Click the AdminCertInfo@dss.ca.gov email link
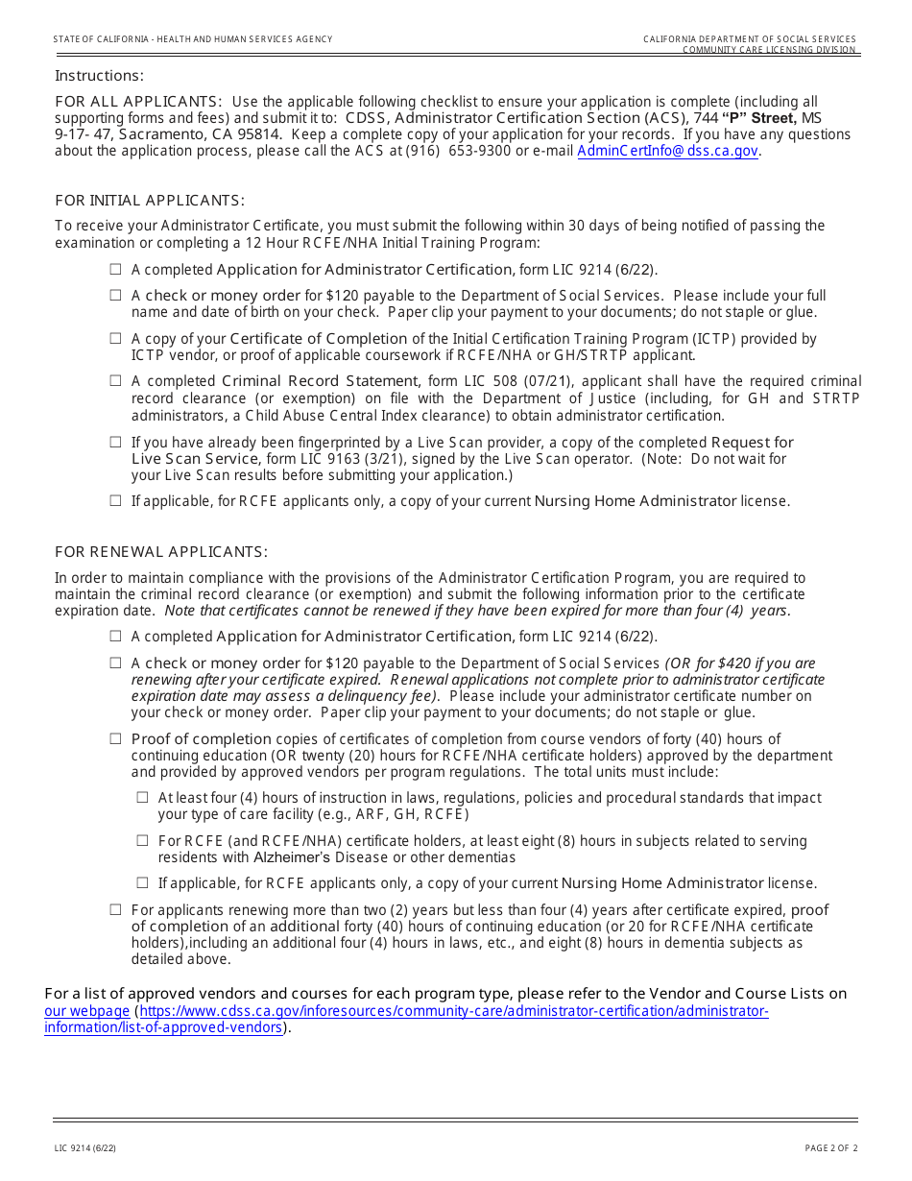(668, 151)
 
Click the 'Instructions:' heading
(99, 76)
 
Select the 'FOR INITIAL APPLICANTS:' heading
(150, 201)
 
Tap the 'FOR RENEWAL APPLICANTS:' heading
(161, 552)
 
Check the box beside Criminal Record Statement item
(115, 381)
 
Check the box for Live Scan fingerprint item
(115, 443)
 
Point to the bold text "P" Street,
(759, 118)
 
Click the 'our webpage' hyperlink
(87, 1011)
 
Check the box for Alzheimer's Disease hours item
(142, 840)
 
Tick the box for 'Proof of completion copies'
(115, 739)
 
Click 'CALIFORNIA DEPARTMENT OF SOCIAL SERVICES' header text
(749, 39)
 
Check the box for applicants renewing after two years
(115, 910)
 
